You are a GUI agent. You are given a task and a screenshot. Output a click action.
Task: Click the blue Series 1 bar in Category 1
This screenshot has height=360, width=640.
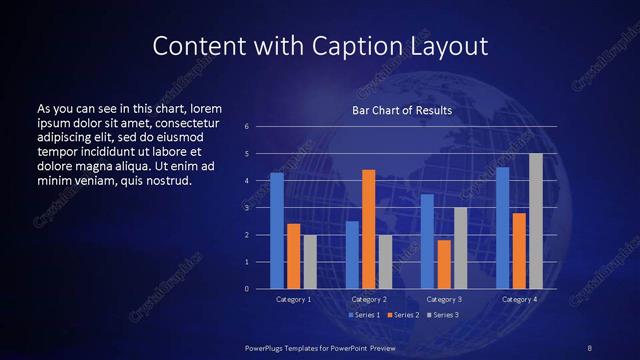point(277,231)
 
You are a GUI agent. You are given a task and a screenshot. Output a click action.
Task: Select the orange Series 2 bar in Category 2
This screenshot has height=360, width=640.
point(369,229)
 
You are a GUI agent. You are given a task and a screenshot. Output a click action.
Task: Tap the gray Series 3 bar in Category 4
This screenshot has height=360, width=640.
point(536,221)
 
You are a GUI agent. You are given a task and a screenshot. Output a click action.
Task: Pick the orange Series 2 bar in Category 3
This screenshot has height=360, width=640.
point(444,264)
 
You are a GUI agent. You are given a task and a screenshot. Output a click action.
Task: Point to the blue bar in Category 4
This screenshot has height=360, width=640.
point(502,228)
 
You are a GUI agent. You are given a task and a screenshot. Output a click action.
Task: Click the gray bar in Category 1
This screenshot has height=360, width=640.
point(310,262)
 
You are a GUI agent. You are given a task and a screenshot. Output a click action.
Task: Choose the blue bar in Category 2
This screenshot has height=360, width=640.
point(352,255)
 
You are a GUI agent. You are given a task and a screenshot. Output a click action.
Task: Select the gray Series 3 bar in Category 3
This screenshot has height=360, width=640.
point(460,248)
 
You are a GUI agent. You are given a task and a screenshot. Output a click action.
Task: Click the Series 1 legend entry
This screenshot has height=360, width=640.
point(364,316)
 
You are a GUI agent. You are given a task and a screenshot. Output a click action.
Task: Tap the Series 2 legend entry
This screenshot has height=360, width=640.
point(401,316)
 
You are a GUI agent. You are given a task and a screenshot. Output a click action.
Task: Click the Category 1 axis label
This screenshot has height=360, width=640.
point(294,299)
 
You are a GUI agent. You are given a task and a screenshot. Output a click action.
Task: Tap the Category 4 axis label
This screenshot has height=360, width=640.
point(519,299)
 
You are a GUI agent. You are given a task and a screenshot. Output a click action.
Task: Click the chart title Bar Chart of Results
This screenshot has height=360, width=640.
point(402,110)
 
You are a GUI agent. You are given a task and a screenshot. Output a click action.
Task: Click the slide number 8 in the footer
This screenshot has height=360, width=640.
point(590,346)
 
